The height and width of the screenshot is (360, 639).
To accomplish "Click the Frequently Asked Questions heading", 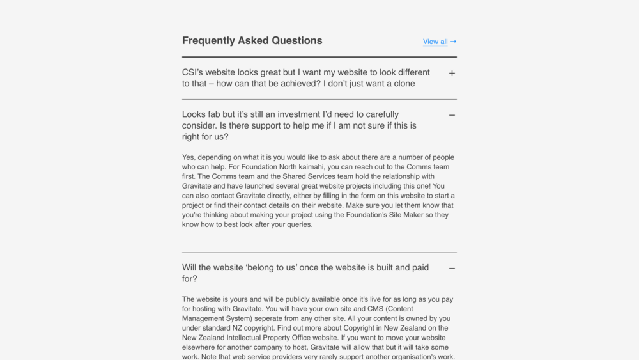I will point(252,41).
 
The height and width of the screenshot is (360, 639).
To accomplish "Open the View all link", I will point(435,42).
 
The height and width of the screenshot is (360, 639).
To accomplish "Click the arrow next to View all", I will point(453,42).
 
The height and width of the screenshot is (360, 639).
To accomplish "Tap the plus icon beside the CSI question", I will point(452,74).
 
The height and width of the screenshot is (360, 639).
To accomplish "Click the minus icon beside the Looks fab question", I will point(452,116).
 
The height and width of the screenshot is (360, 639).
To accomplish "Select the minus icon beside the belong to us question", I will point(452,269).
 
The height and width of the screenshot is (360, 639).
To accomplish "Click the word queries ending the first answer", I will point(297,224).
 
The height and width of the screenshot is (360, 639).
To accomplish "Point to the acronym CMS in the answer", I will point(376,309).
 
